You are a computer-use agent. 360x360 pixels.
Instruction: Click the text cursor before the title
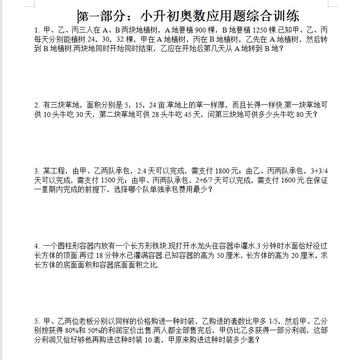(x=78, y=17)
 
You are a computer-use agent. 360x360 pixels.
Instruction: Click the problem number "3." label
(x=37, y=171)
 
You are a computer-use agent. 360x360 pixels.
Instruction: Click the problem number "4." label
(x=37, y=246)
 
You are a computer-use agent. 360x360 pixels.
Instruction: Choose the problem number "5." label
(x=37, y=321)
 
